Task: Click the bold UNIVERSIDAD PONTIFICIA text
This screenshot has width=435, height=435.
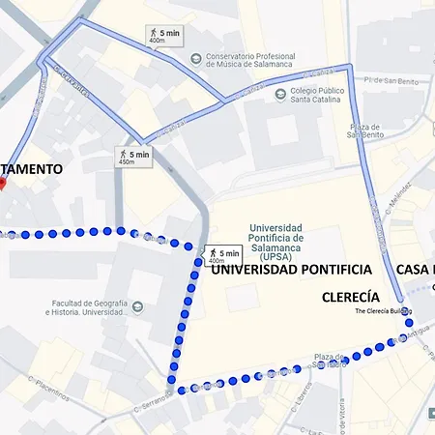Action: coord(291,269)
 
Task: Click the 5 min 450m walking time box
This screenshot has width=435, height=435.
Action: coord(133,157)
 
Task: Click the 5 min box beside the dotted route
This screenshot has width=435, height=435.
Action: coord(221,255)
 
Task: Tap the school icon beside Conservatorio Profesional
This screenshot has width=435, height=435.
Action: coord(196,59)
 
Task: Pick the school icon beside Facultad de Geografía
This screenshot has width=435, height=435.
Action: coord(137,308)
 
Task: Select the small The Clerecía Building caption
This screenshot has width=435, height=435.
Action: coord(383,311)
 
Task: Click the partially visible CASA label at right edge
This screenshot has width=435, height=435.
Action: coord(416,269)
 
